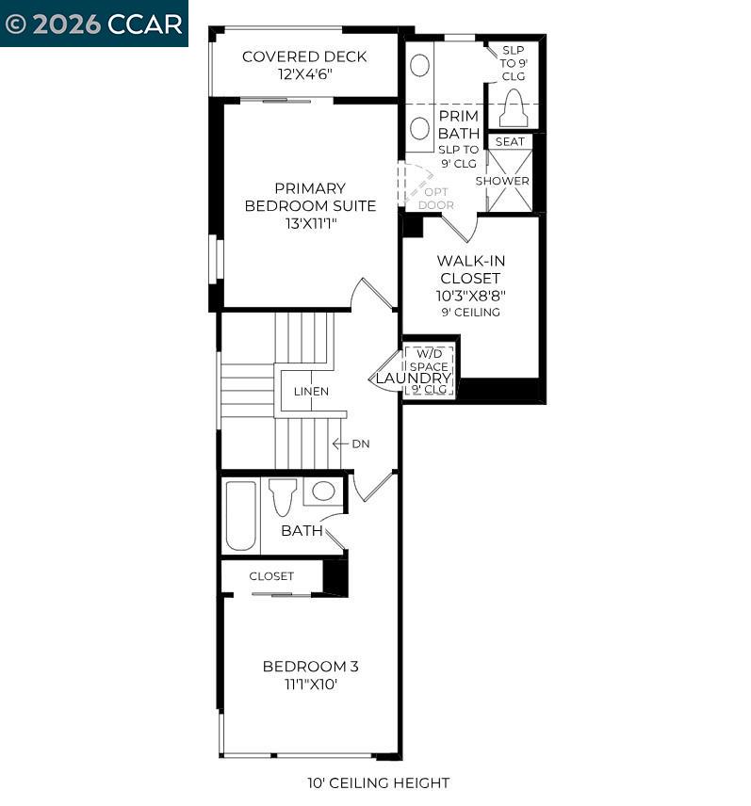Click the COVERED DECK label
[x=304, y=56]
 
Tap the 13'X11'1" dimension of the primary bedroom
[x=311, y=223]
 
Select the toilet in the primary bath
[x=514, y=108]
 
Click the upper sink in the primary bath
[x=419, y=66]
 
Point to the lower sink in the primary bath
[x=419, y=128]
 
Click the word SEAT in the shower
[x=510, y=141]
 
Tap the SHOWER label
[x=502, y=181]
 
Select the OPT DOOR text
[x=436, y=199]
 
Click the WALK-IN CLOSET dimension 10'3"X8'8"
[x=470, y=296]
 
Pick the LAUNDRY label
[x=413, y=379]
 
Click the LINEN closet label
[x=311, y=391]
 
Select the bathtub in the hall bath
[x=240, y=516]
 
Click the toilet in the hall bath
[x=283, y=497]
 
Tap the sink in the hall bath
[x=323, y=492]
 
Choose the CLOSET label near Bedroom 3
[x=271, y=576]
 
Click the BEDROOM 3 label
[x=311, y=667]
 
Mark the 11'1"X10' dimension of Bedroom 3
[x=311, y=685]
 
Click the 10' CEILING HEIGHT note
[x=379, y=782]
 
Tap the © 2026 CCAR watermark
[x=93, y=24]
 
